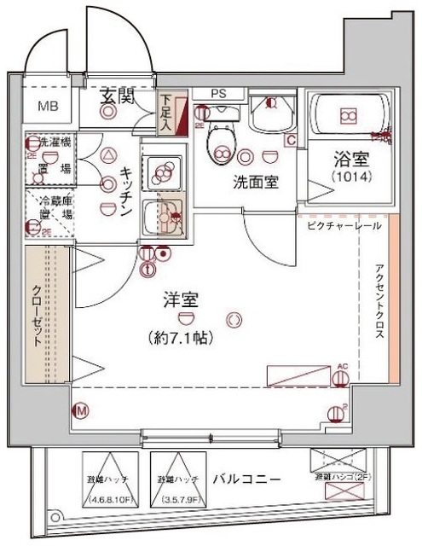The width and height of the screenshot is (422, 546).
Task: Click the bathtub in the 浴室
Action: tap(347, 117)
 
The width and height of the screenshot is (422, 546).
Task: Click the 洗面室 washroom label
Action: tap(253, 182)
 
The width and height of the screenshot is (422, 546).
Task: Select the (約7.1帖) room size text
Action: tap(182, 337)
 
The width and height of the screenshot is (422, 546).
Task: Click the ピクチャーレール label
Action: tap(340, 225)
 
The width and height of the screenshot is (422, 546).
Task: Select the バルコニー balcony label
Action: tap(246, 479)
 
